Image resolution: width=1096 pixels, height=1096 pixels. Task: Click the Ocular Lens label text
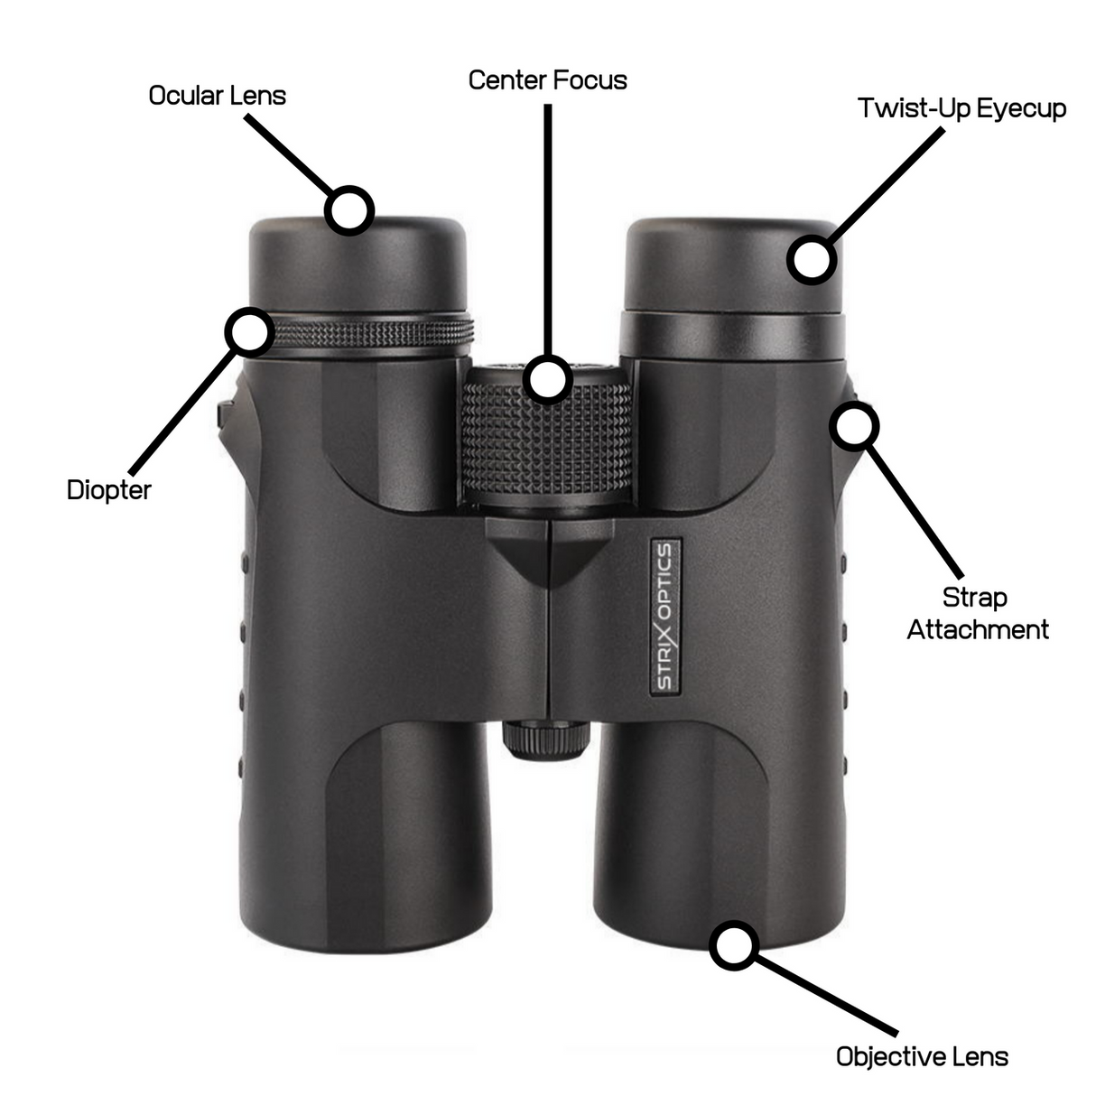(x=217, y=96)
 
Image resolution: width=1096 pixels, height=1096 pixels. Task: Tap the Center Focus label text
(x=547, y=80)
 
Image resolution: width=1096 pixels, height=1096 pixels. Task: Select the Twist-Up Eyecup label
(x=961, y=108)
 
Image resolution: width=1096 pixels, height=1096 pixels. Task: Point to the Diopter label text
(x=108, y=490)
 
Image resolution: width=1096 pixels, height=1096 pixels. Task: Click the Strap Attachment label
(x=977, y=613)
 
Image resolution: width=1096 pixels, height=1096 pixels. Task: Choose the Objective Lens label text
(x=921, y=1056)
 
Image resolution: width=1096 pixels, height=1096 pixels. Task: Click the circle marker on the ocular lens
(x=348, y=211)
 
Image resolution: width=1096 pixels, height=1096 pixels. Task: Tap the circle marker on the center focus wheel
(x=548, y=377)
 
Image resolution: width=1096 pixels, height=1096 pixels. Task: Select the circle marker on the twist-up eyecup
(x=812, y=260)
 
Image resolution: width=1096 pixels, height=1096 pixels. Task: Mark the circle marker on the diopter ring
(x=248, y=331)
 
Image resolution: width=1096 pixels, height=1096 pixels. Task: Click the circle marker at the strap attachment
(x=853, y=425)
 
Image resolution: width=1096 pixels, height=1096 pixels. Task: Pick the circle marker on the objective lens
(x=733, y=946)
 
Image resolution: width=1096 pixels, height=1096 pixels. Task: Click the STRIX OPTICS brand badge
(x=664, y=617)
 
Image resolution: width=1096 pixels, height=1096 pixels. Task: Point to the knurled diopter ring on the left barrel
(x=379, y=333)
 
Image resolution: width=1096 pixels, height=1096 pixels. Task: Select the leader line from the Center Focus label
(x=547, y=226)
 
